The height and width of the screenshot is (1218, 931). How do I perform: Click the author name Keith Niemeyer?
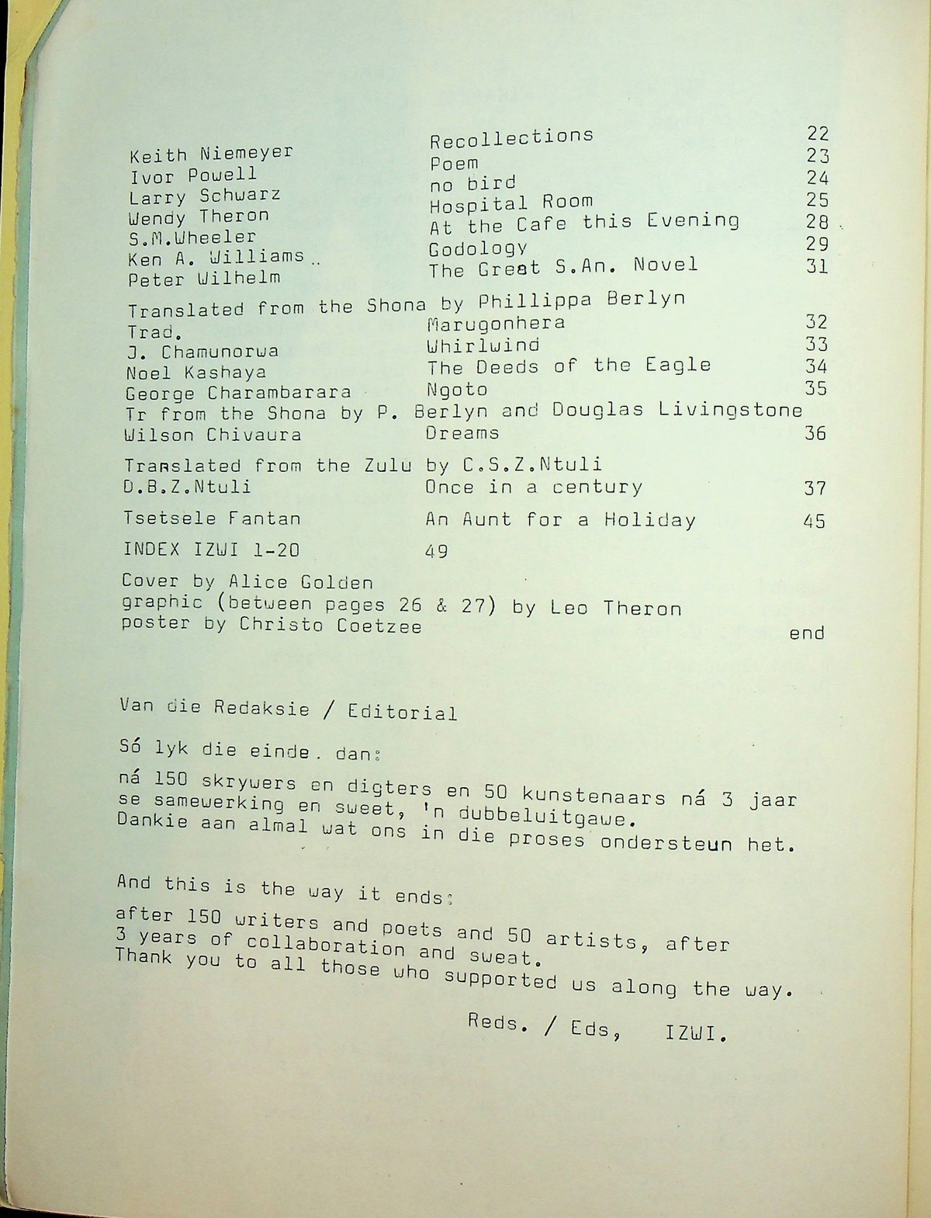pyautogui.click(x=211, y=153)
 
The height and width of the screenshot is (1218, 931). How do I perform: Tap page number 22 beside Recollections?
pyautogui.click(x=818, y=133)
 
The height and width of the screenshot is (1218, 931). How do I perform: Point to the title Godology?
pyautogui.click(x=478, y=248)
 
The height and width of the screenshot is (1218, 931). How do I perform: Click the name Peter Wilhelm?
pyautogui.click(x=203, y=278)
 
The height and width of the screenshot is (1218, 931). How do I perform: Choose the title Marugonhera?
pyautogui.click(x=496, y=323)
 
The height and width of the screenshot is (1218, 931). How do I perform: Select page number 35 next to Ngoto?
pyautogui.click(x=815, y=388)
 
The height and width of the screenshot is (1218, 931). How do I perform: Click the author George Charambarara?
pyautogui.click(x=238, y=393)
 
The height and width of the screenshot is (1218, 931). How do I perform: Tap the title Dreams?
pyautogui.click(x=462, y=433)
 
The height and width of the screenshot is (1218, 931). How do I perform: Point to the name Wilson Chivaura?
pyautogui.click(x=213, y=435)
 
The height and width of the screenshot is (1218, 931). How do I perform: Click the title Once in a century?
pyautogui.click(x=534, y=488)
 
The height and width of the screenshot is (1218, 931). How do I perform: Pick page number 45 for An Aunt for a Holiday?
pyautogui.click(x=814, y=521)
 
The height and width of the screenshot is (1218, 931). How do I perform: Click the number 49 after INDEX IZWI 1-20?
pyautogui.click(x=437, y=551)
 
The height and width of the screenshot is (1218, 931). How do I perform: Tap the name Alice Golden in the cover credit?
pyautogui.click(x=301, y=582)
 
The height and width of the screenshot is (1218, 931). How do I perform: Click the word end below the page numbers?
pyautogui.click(x=806, y=634)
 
